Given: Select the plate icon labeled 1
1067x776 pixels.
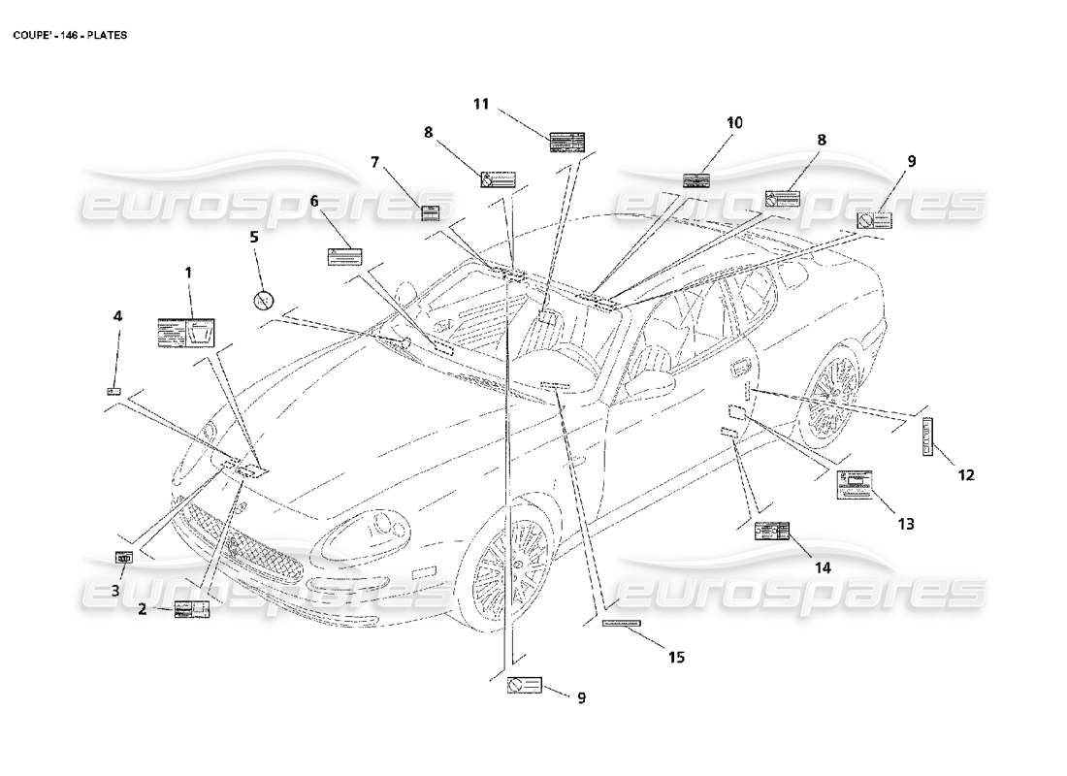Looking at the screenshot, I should click(185, 332).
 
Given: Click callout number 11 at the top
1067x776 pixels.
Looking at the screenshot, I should click(482, 104).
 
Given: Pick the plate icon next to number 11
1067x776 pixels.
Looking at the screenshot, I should click(566, 144).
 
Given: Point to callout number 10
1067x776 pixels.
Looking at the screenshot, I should click(734, 122).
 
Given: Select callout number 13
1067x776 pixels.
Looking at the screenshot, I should click(905, 524).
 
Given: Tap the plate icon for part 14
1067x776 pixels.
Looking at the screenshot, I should click(772, 531).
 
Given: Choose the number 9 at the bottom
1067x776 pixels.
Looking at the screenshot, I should click(582, 696).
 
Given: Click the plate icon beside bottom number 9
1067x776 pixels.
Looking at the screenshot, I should click(524, 685).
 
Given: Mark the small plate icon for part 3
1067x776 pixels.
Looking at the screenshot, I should click(123, 557).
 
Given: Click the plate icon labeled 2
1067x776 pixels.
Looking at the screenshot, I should click(191, 609).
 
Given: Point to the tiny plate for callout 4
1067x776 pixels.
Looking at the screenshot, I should click(113, 391).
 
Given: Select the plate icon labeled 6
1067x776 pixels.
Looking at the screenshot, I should click(344, 256).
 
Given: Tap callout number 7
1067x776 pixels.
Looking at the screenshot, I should click(375, 162).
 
